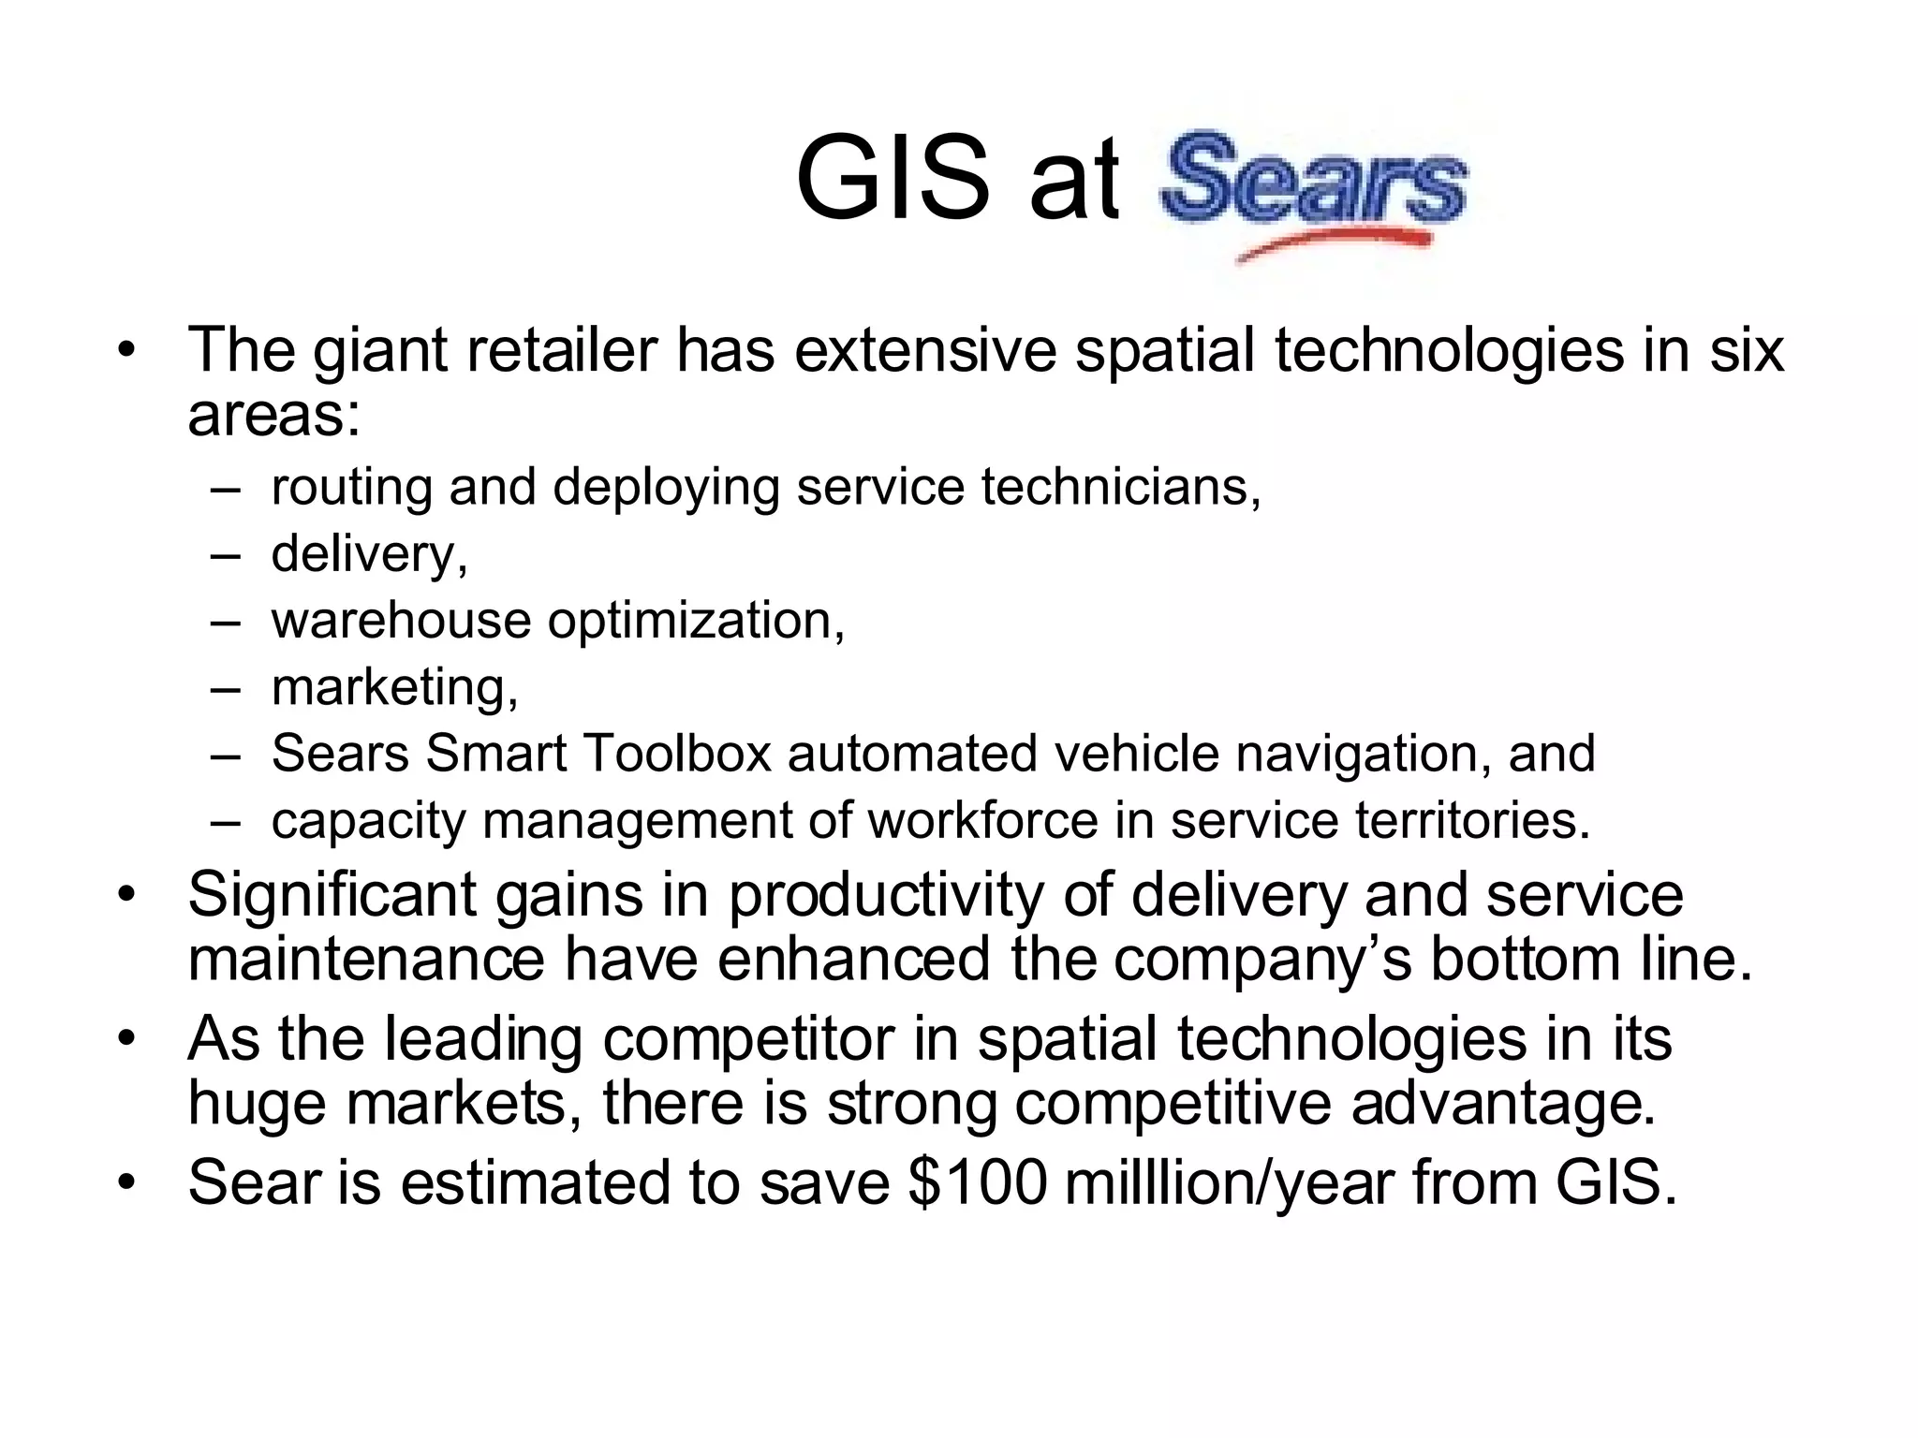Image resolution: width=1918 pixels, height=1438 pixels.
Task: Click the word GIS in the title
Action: tap(892, 178)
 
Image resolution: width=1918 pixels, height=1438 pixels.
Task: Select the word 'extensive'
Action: tap(925, 350)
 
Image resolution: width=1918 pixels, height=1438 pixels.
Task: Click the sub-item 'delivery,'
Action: tap(369, 554)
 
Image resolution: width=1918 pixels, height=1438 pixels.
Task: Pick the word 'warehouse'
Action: tap(401, 621)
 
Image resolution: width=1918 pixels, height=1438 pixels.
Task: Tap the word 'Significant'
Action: tap(332, 895)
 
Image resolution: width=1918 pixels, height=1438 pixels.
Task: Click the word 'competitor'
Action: tap(749, 1039)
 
